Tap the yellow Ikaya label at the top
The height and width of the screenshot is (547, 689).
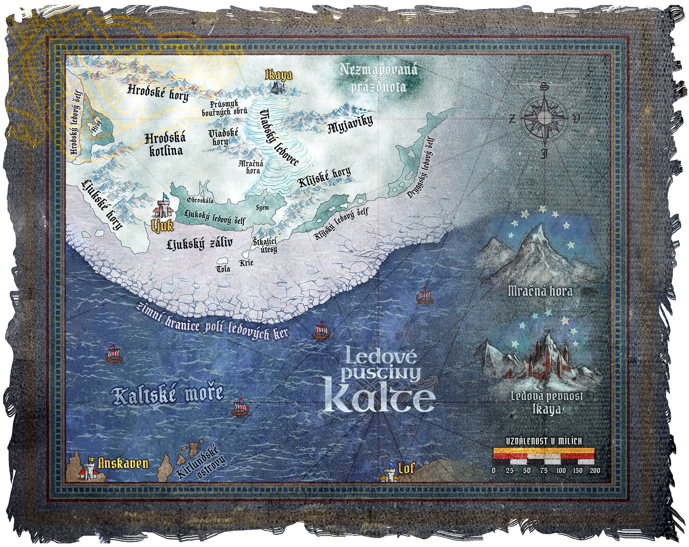(x=279, y=75)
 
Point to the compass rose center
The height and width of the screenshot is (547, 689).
(x=543, y=118)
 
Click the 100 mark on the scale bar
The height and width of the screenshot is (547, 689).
(x=561, y=470)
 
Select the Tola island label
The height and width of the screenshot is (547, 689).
(x=223, y=269)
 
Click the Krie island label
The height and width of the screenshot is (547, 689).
(x=246, y=263)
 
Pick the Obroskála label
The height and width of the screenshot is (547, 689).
(x=200, y=200)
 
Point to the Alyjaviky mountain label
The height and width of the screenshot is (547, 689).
(x=350, y=126)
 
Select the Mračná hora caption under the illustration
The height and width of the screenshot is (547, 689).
(x=540, y=292)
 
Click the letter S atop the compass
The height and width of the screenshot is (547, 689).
(x=543, y=87)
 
